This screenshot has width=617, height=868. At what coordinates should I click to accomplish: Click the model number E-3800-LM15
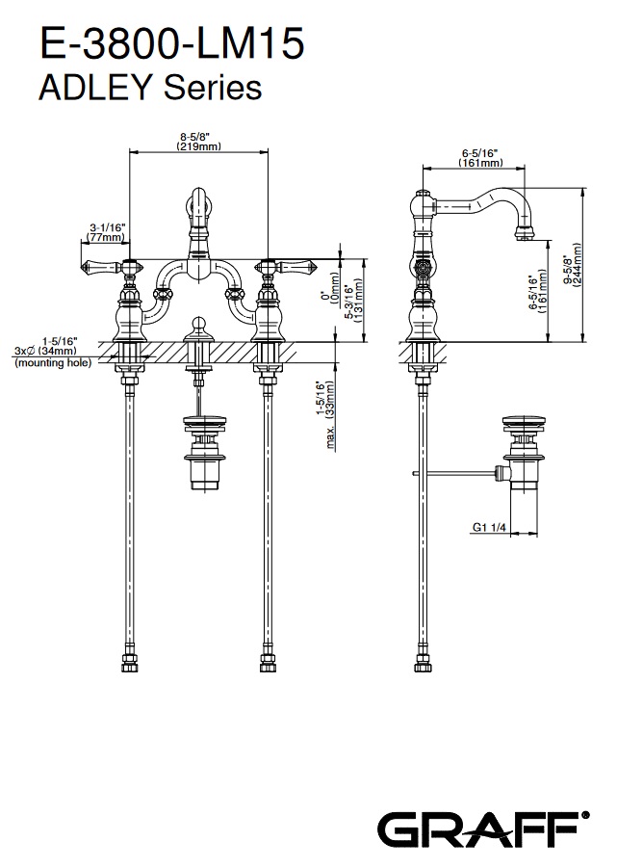[170, 45]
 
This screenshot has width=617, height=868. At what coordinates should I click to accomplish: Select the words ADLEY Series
[148, 88]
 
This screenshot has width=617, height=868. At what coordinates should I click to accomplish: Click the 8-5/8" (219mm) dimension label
[199, 141]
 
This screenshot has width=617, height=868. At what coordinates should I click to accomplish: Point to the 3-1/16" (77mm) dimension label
[105, 231]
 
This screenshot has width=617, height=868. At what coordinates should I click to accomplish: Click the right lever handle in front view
[293, 265]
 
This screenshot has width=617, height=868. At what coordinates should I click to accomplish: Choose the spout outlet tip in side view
[526, 232]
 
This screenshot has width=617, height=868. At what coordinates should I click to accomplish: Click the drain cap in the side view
[523, 421]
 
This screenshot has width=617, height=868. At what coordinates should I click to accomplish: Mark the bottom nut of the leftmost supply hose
[130, 664]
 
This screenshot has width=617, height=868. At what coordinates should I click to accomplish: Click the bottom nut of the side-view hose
[421, 664]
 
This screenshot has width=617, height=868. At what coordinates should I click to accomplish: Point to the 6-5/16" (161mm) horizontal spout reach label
[476, 158]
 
